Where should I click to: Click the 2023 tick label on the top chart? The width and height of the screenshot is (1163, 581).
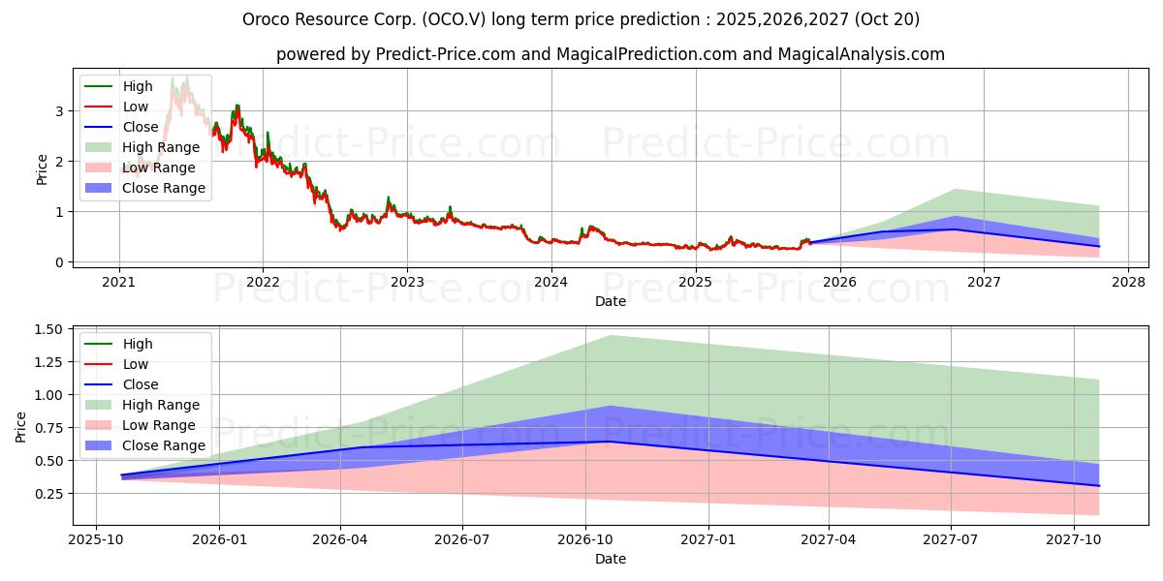(x=407, y=282)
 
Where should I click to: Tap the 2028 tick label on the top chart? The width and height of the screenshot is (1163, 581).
(x=1128, y=282)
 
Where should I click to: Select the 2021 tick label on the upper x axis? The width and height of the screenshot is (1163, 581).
(x=119, y=282)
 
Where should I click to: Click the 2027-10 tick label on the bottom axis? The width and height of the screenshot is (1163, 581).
(x=1075, y=539)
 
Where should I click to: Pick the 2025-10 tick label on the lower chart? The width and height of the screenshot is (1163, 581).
(x=96, y=539)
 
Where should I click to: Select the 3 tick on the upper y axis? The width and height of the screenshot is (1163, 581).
(x=60, y=111)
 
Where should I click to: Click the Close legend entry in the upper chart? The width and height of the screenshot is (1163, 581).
(x=141, y=127)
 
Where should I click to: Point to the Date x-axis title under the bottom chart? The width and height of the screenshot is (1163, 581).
(x=611, y=559)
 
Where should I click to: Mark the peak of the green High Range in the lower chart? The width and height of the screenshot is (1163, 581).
(x=611, y=336)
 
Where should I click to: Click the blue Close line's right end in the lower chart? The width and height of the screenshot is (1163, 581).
(x=1099, y=485)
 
